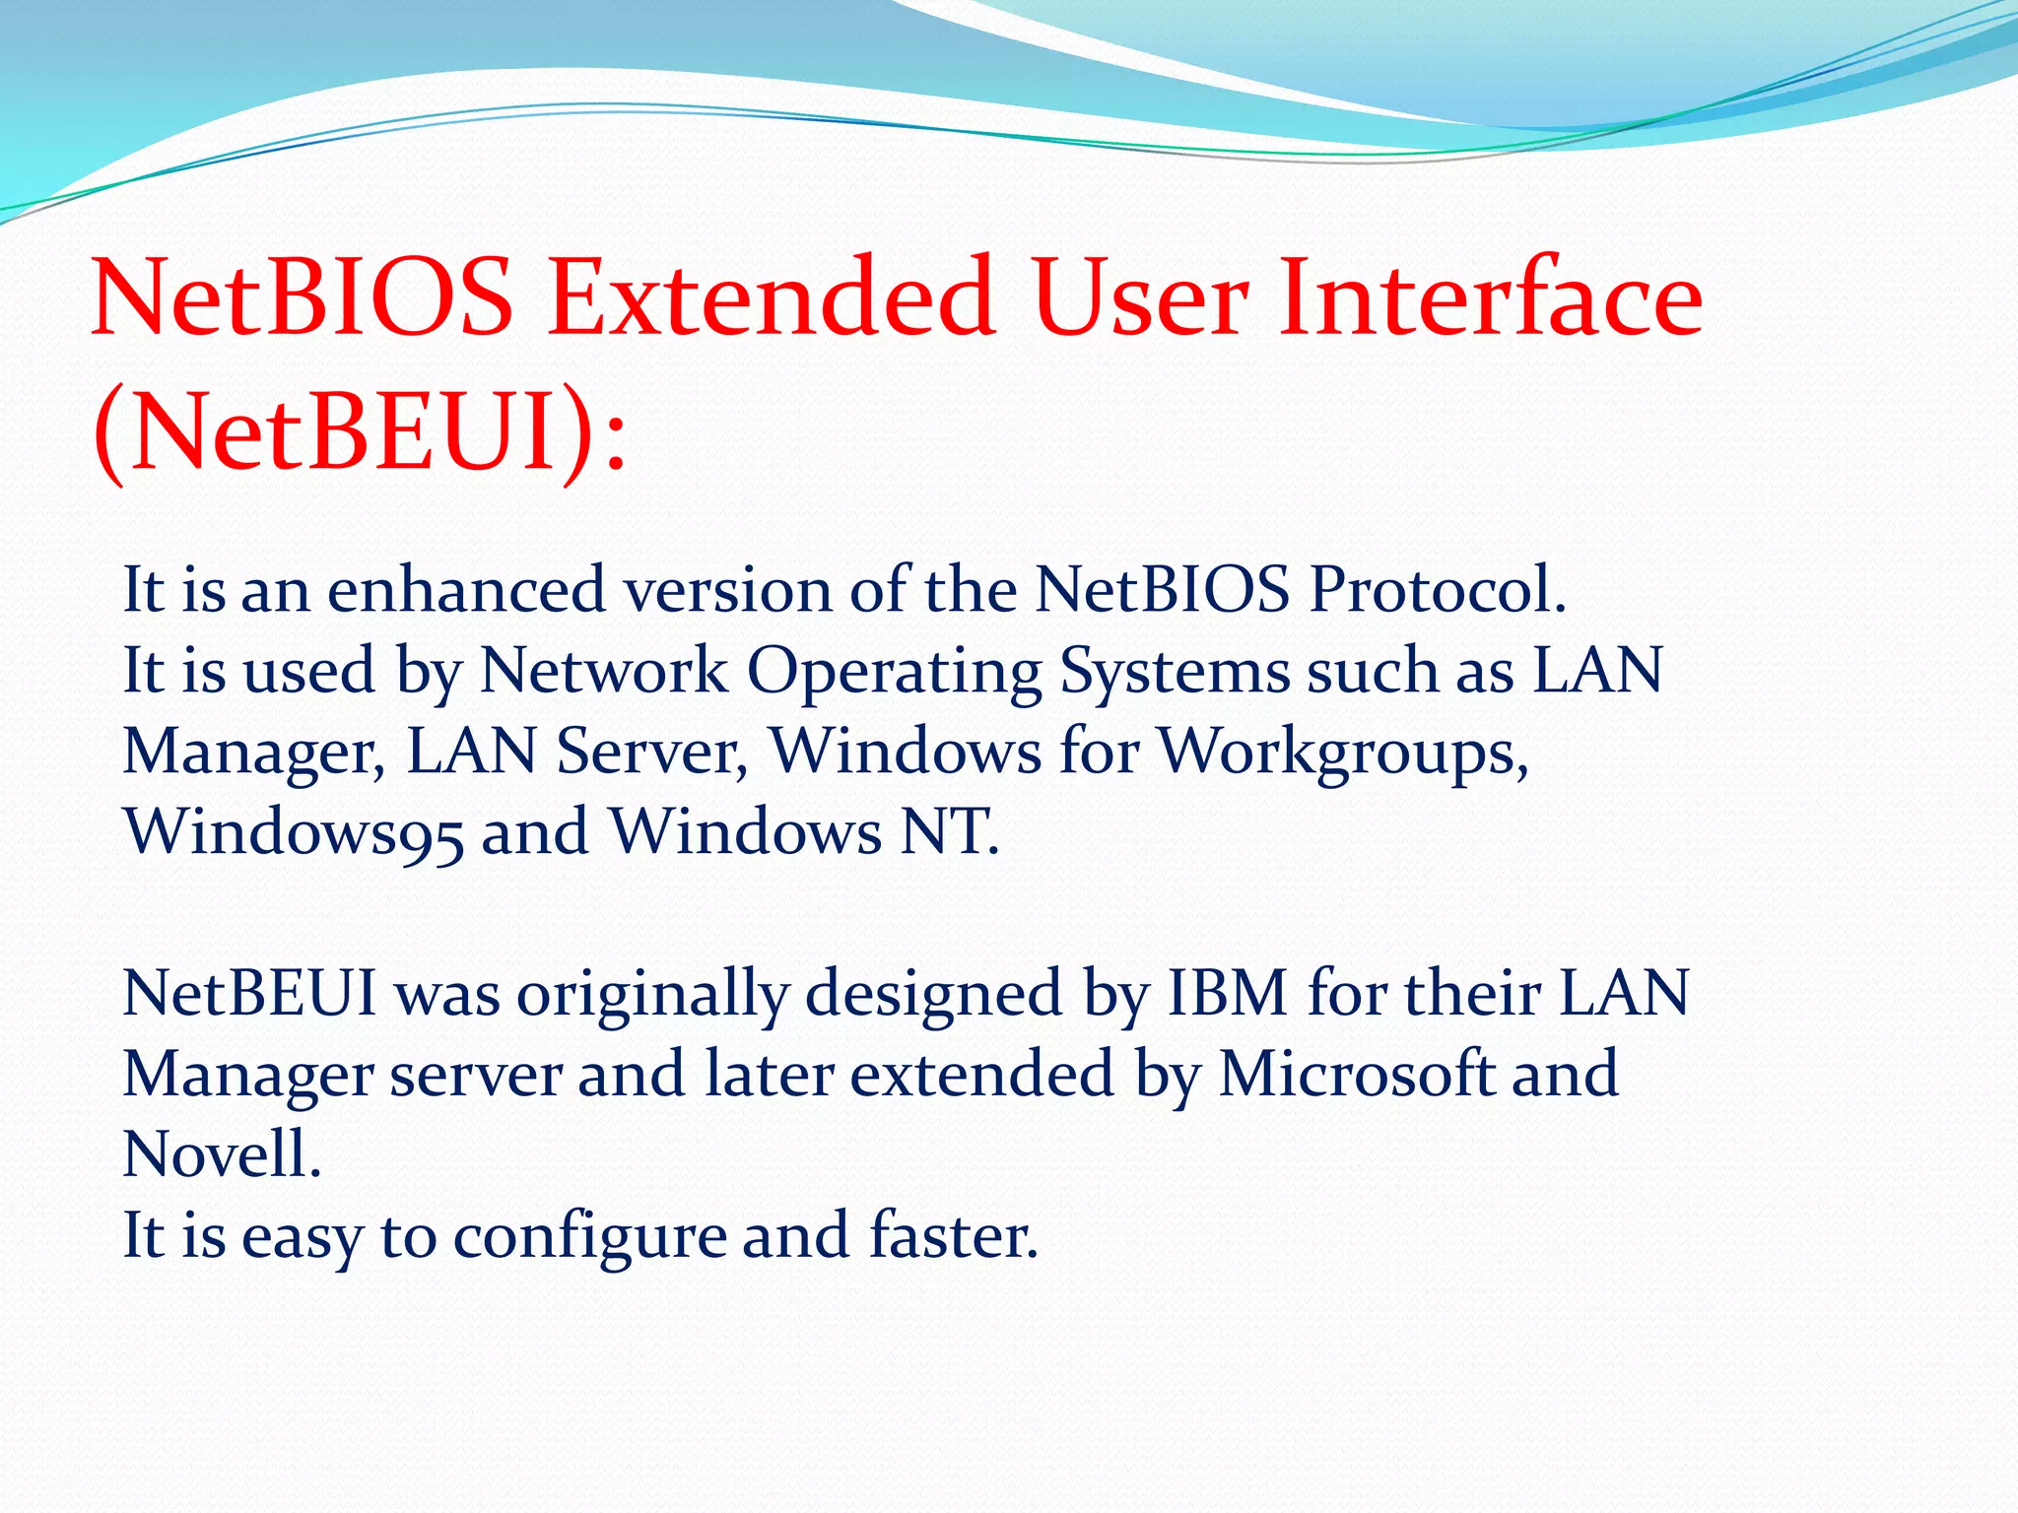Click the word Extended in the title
click(771, 297)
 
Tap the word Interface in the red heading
click(1490, 297)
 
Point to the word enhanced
click(466, 590)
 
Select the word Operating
click(894, 673)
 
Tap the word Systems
click(1175, 673)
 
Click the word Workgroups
click(1342, 754)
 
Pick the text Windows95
click(293, 833)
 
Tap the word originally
click(652, 995)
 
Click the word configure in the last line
click(589, 1237)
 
